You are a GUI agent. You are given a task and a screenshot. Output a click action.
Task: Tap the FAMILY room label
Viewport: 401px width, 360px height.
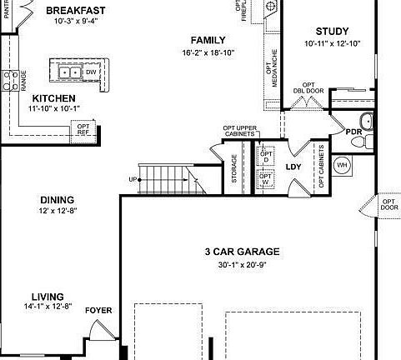click(208, 40)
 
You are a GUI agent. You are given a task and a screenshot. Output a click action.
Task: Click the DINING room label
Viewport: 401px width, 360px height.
click(57, 200)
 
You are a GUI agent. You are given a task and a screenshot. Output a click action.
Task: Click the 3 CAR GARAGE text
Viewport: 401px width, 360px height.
click(242, 252)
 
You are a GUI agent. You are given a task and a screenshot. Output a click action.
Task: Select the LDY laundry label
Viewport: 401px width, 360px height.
click(293, 167)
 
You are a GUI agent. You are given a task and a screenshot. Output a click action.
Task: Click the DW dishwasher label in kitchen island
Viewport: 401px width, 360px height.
click(93, 72)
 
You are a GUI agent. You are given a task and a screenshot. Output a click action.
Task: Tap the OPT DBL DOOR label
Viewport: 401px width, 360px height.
click(309, 89)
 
